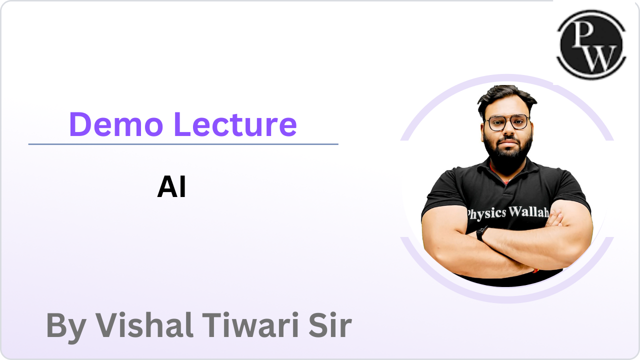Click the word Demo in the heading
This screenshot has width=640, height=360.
point(116,124)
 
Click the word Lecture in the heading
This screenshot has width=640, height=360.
point(235,124)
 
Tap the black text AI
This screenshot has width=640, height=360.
point(171,186)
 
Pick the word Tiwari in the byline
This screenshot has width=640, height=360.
point(250,325)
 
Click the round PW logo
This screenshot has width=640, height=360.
point(591,44)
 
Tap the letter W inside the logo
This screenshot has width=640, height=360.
point(599,58)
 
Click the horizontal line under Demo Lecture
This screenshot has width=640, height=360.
point(183,144)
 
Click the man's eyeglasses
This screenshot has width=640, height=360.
point(508,123)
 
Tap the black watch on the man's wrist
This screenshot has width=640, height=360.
point(481,233)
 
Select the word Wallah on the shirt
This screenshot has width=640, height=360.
point(528,212)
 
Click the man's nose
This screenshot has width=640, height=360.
point(508,129)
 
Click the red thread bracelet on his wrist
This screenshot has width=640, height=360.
point(535,270)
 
